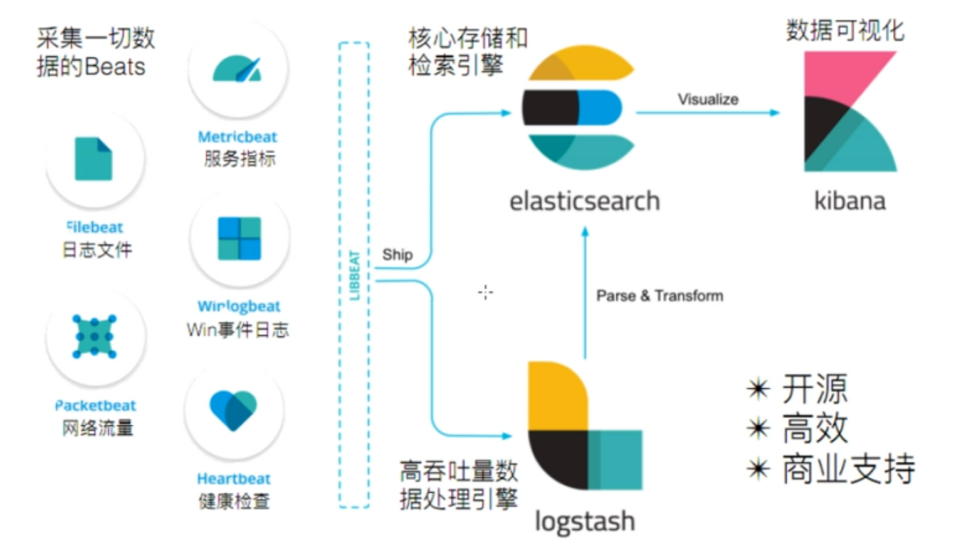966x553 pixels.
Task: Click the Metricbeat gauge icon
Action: point(236,68)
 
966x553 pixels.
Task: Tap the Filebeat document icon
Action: point(93,158)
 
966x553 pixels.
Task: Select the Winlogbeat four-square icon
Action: point(239,239)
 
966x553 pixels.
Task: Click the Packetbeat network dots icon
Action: point(94,337)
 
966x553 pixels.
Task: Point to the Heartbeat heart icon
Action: point(233,410)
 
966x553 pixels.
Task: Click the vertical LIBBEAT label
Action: point(355,275)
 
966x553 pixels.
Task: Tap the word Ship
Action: point(397,254)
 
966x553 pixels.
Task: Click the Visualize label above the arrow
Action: point(708,99)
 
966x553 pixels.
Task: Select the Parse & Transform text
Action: point(659,296)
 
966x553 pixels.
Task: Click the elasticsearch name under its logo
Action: point(584,201)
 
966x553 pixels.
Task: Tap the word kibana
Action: point(849,201)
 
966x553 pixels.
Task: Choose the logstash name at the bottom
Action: point(584,521)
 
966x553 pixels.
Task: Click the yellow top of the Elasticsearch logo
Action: point(582,63)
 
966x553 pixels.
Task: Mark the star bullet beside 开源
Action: point(759,389)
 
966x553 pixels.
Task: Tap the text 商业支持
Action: point(848,468)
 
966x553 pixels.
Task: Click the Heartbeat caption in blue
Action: point(233,478)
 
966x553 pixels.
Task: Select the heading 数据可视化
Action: point(845,29)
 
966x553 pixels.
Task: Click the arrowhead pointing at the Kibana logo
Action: point(775,113)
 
